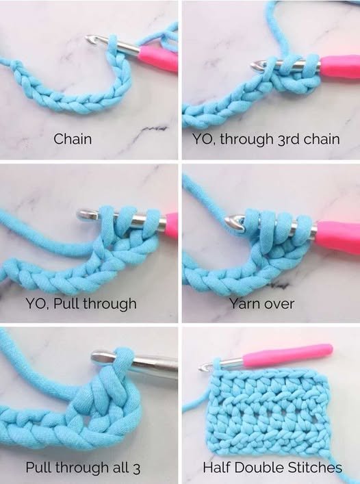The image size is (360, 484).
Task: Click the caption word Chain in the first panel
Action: [x=73, y=139]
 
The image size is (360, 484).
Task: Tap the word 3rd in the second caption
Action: [x=289, y=139]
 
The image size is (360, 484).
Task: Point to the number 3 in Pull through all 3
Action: [x=136, y=468]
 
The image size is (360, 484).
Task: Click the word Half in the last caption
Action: [x=216, y=468]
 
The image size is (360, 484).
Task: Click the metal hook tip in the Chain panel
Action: [x=90, y=39]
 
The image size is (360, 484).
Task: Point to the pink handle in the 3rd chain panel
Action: [x=340, y=66]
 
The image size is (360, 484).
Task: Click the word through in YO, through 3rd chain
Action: [x=247, y=139]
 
